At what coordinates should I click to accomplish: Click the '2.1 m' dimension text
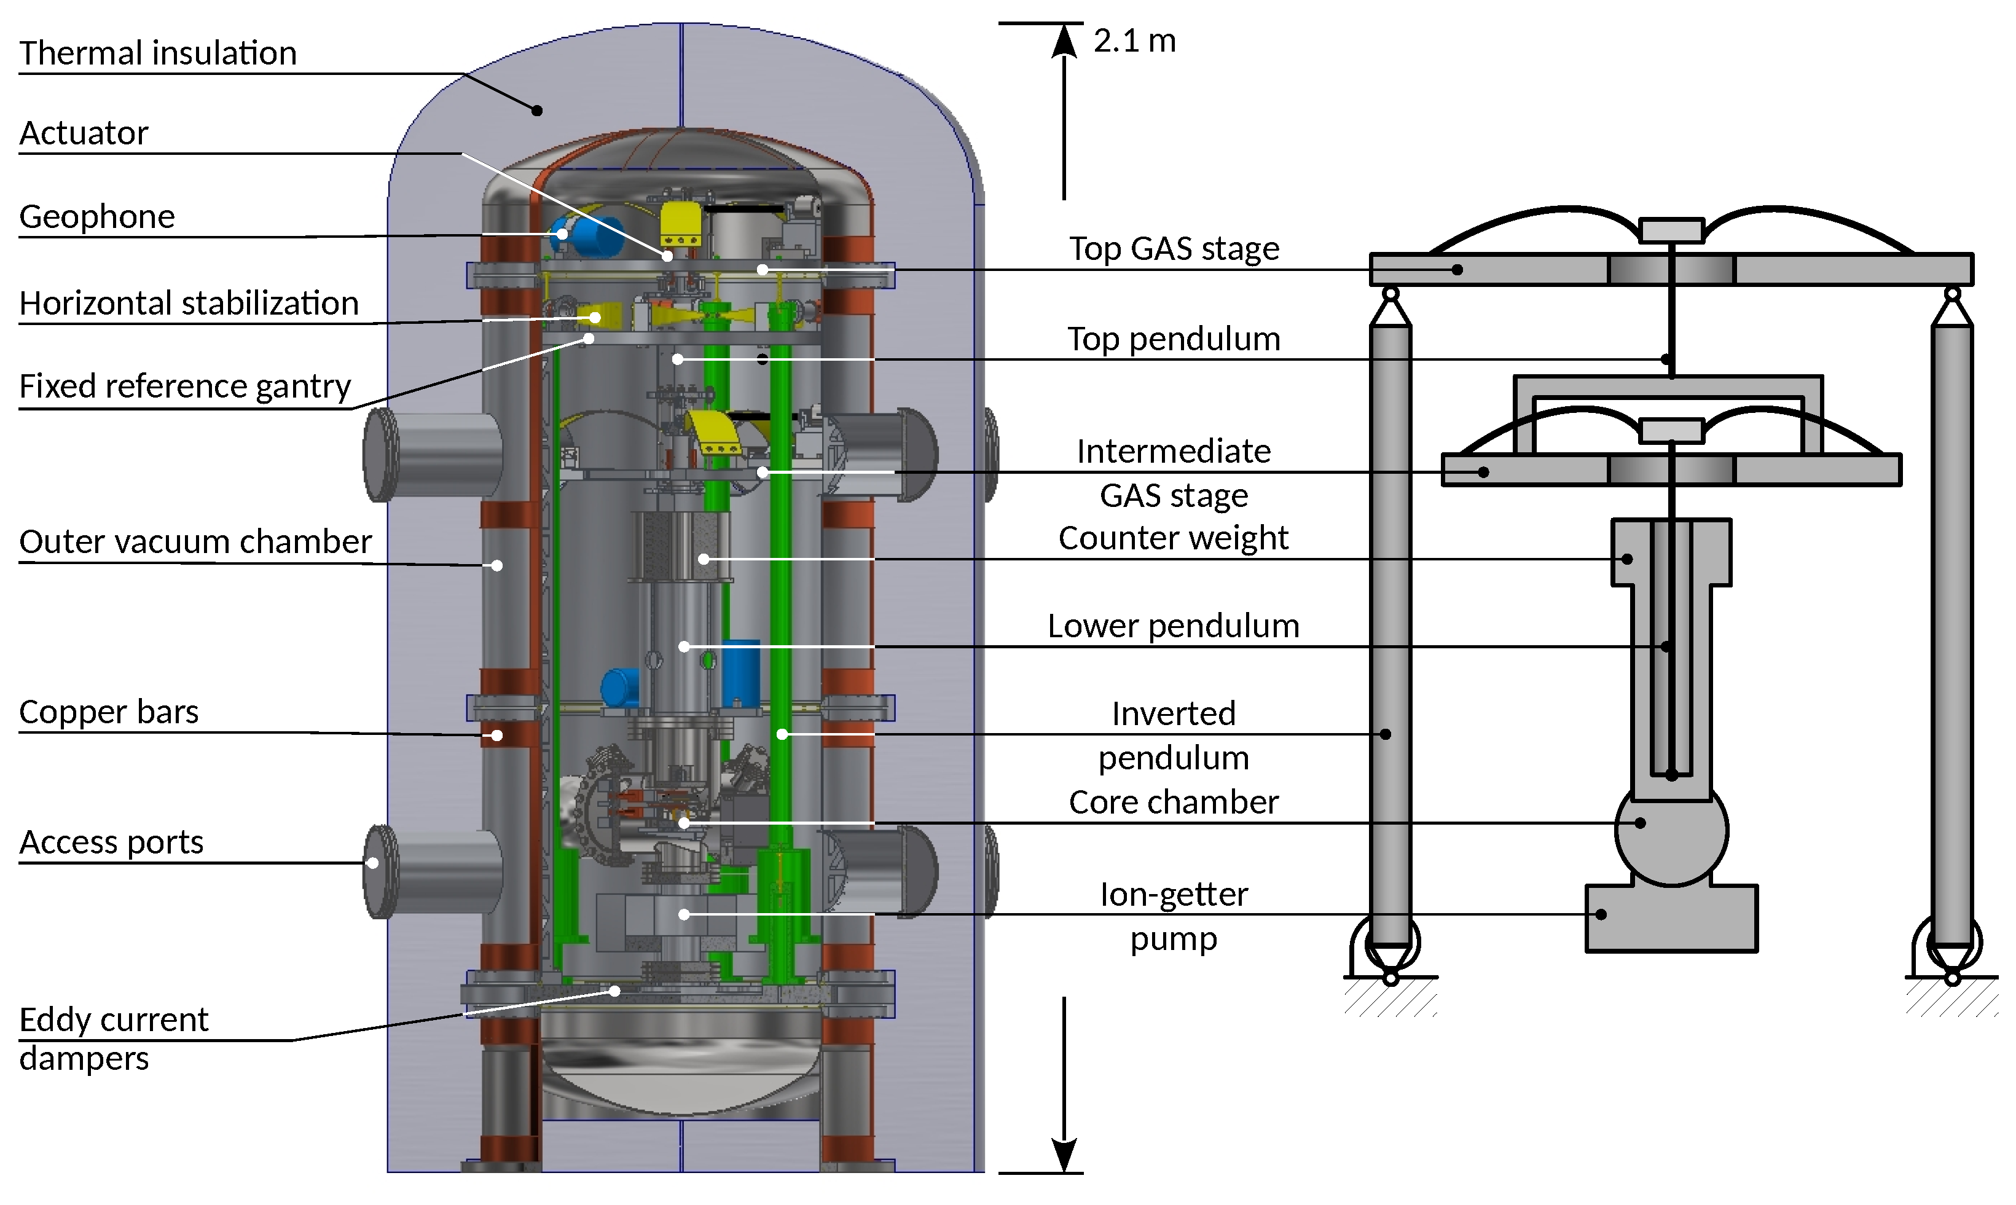coord(1134,41)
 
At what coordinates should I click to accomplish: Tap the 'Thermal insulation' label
coord(157,53)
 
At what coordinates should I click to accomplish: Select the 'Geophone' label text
coord(96,217)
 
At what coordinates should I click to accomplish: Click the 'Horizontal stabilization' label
coord(189,304)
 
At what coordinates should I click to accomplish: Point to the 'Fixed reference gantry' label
coord(184,387)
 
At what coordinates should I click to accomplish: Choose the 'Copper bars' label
coord(108,712)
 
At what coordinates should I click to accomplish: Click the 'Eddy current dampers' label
coord(114,1038)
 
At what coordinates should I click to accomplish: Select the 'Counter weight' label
coord(1173,538)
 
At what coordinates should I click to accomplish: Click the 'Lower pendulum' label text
coord(1173,626)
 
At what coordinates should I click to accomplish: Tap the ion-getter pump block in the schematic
coord(1671,919)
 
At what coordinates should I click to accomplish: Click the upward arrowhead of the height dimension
coord(1064,41)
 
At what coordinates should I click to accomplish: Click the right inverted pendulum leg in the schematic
coord(1952,634)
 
